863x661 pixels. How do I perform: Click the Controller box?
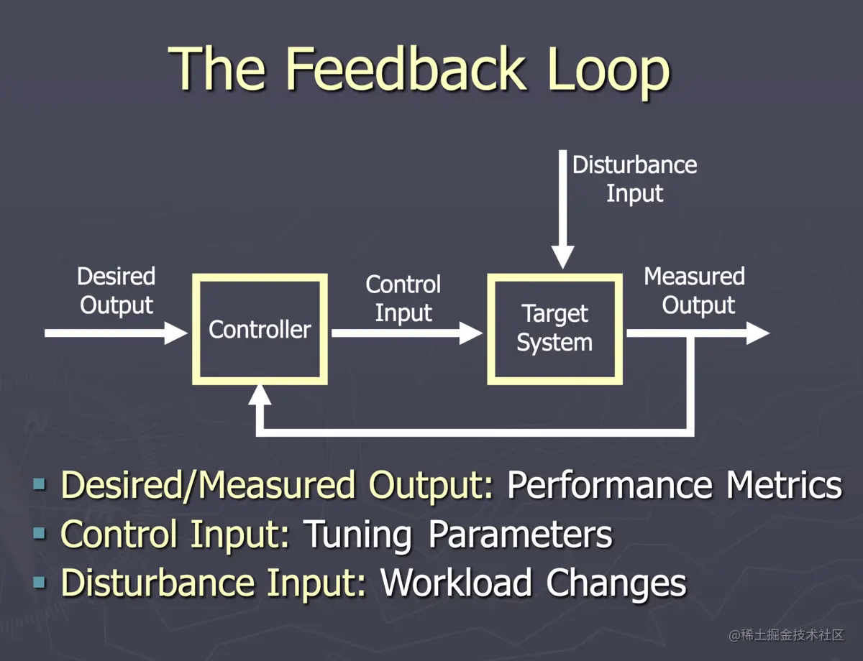(x=260, y=329)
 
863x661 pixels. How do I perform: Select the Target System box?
(x=554, y=329)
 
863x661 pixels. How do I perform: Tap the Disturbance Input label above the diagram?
(x=634, y=179)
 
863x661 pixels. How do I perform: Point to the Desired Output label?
(x=117, y=290)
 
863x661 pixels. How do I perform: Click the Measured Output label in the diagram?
(x=695, y=290)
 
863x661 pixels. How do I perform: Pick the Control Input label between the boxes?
(x=403, y=298)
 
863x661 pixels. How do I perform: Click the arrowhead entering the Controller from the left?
(x=175, y=333)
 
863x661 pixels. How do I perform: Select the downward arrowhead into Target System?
(x=562, y=256)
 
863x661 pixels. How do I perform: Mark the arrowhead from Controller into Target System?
(x=470, y=333)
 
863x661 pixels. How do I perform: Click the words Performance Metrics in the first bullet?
(x=674, y=485)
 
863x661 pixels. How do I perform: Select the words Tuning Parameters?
(x=457, y=534)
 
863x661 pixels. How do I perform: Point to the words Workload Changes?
(x=533, y=583)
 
